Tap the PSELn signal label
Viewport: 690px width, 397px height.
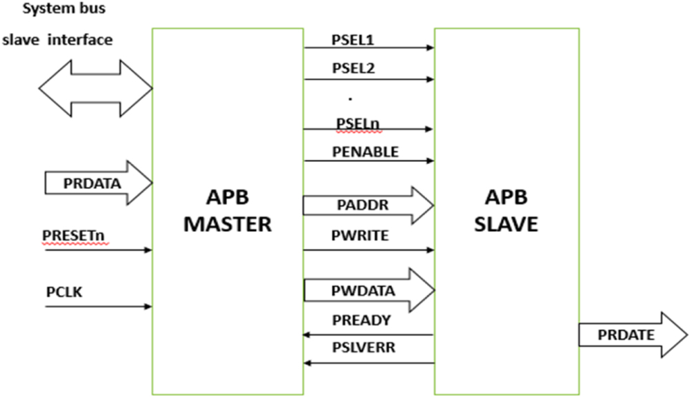357,123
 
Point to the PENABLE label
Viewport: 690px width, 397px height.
365,152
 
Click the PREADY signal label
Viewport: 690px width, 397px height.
361,320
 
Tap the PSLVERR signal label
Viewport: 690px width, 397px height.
364,348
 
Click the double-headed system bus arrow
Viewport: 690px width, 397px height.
95,87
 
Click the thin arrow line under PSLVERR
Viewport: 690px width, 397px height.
368,363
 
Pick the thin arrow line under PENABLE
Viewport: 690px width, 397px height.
368,162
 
